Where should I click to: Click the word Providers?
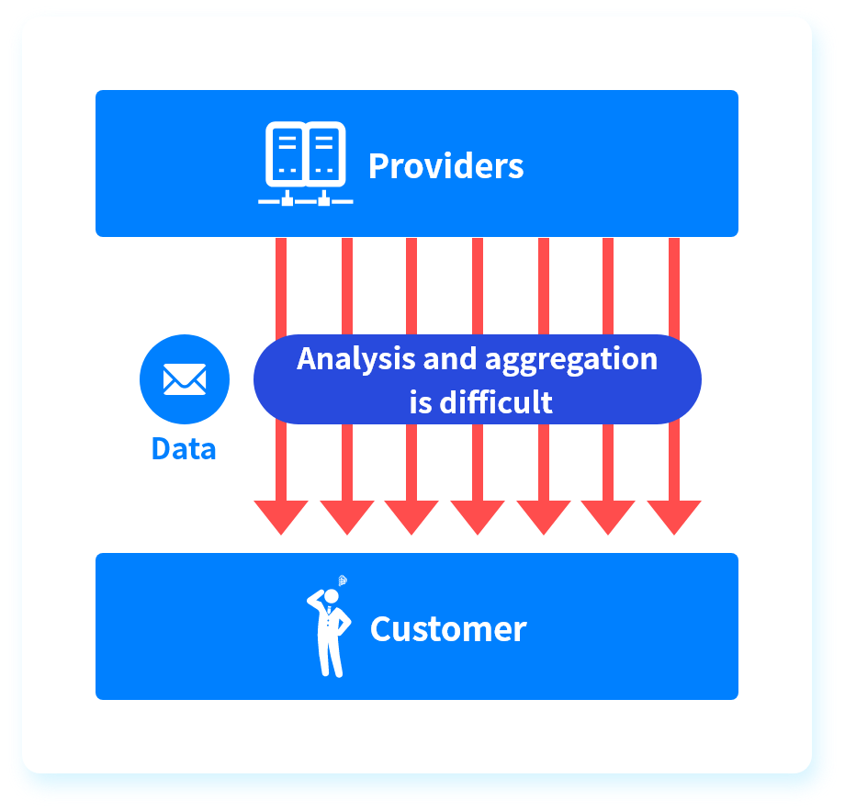(x=445, y=166)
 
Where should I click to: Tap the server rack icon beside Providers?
(x=306, y=164)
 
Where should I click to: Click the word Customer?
(x=448, y=629)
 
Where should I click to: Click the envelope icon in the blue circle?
(x=185, y=379)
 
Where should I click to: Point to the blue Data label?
(x=184, y=448)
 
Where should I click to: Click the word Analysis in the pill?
(x=356, y=358)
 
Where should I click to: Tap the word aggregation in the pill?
(x=571, y=359)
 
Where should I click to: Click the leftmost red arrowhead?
(x=281, y=516)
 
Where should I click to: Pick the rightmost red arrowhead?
(x=674, y=516)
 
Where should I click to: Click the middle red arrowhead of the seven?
(x=478, y=516)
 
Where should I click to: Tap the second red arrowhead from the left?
(x=347, y=516)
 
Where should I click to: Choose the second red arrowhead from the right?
(x=608, y=516)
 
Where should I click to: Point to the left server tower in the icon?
(x=287, y=152)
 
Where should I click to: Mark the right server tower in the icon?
(x=324, y=152)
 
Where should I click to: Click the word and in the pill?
(x=450, y=358)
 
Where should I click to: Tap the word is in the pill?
(x=421, y=401)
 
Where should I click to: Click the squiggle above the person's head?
(x=343, y=581)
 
